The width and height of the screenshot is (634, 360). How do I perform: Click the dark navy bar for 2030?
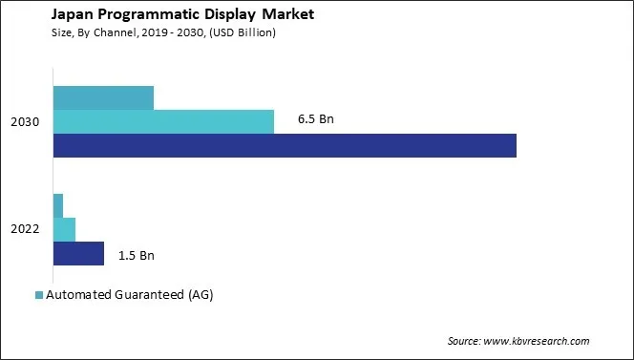click(x=285, y=145)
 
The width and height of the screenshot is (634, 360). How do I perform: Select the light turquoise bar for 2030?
click(x=163, y=121)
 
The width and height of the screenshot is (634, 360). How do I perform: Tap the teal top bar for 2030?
click(x=103, y=97)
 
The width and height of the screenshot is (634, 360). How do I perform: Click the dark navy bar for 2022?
click(x=78, y=253)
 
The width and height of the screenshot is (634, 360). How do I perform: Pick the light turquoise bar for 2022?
click(x=64, y=229)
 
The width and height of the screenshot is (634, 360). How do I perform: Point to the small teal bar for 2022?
click(x=58, y=205)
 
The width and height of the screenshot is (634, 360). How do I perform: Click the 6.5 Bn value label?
click(x=316, y=120)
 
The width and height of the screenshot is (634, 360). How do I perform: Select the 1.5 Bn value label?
click(x=136, y=255)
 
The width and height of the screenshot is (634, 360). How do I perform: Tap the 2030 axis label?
click(x=26, y=122)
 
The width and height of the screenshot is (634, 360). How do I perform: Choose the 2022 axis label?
click(x=26, y=230)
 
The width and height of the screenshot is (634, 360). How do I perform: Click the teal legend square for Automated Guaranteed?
click(x=38, y=295)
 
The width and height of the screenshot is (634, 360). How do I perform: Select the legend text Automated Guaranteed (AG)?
click(x=129, y=295)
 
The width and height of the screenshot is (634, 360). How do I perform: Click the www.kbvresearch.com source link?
click(x=537, y=341)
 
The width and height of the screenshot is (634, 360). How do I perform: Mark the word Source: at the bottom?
click(x=465, y=341)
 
